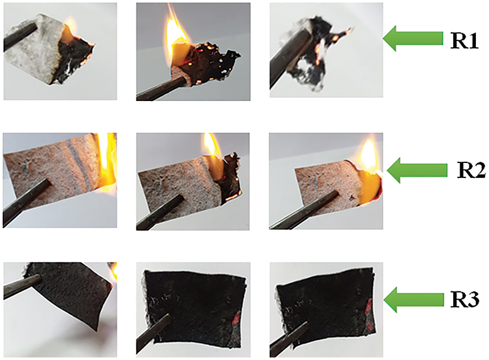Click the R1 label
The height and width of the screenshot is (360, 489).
(x=464, y=41)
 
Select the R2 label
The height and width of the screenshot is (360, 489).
(x=471, y=170)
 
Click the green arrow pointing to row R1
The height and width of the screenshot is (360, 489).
(x=413, y=38)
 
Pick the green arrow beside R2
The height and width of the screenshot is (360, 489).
(x=417, y=170)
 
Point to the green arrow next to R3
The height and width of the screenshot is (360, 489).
(x=413, y=300)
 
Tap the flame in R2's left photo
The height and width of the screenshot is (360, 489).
(x=107, y=162)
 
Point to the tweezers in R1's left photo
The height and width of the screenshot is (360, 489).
(x=20, y=36)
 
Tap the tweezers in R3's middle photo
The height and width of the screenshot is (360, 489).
(x=153, y=331)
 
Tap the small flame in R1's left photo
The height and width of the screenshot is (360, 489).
(x=69, y=25)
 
